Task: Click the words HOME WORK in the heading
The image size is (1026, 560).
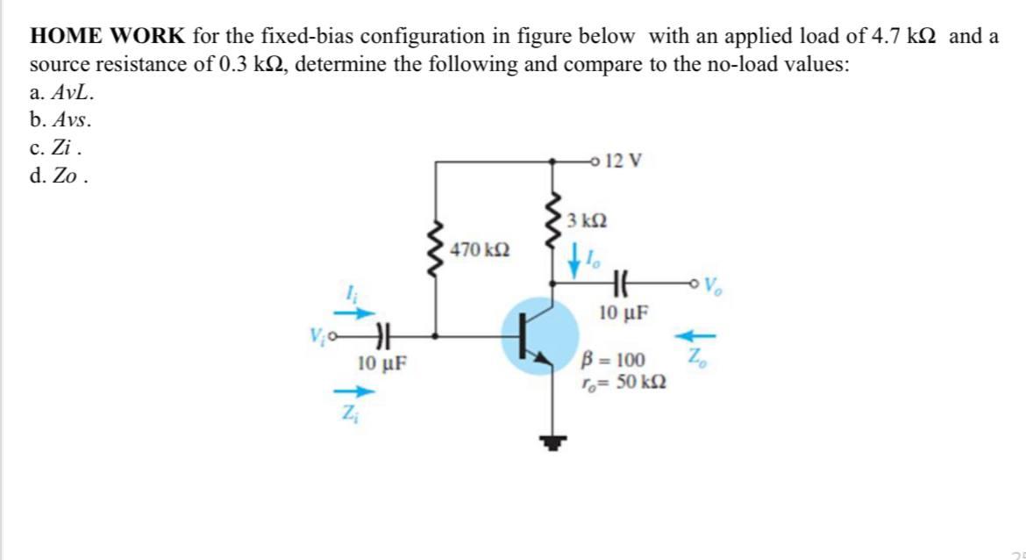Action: (x=108, y=37)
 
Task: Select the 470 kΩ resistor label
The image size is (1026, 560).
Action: (x=476, y=250)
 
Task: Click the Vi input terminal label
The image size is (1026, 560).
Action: (x=317, y=335)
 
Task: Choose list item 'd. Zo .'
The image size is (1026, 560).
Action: (x=59, y=176)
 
